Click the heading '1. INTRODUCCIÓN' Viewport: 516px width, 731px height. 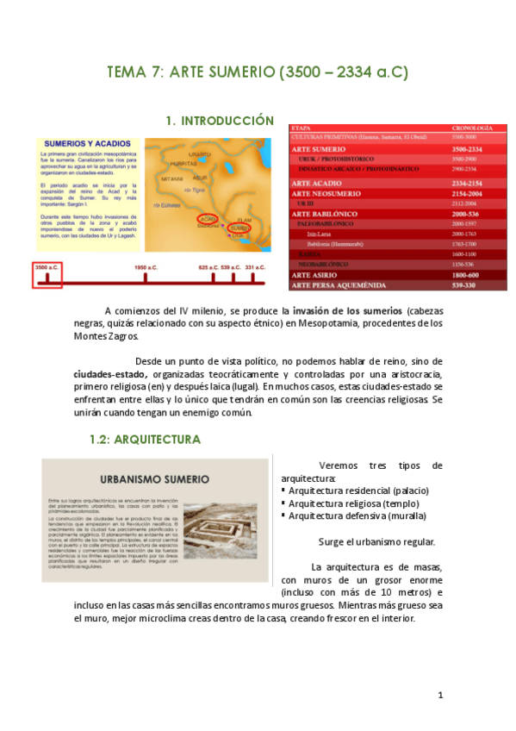click(x=219, y=121)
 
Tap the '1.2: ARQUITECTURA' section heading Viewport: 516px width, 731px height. click(x=145, y=440)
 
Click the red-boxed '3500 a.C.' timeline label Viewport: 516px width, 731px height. click(x=47, y=268)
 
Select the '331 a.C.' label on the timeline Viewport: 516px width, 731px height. click(x=256, y=268)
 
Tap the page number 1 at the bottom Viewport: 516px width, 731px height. click(x=440, y=695)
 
